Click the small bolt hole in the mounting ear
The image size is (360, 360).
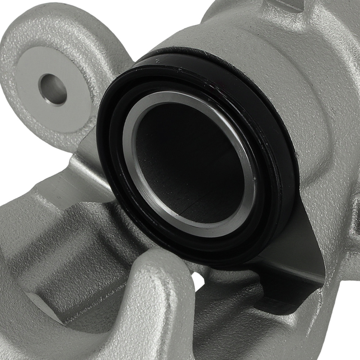[x=53, y=89]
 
